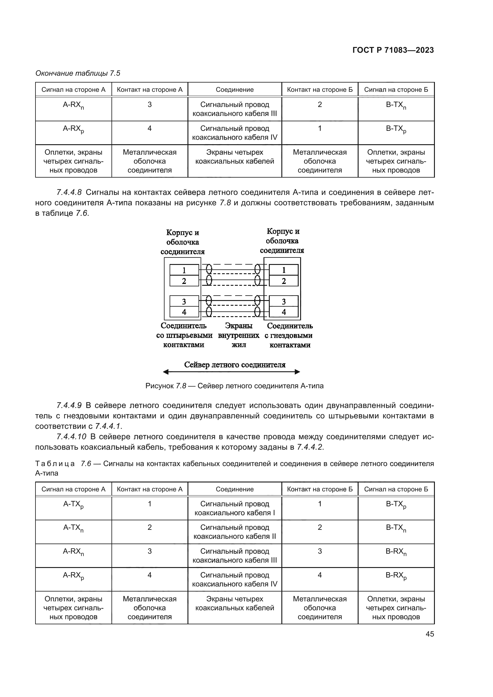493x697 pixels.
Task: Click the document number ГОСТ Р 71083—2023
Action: pyautogui.click(x=393, y=50)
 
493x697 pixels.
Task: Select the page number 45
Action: pyautogui.click(x=430, y=634)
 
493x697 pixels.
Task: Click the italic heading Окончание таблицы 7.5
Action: pyautogui.click(x=78, y=73)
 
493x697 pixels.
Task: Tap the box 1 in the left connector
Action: pyautogui.click(x=184, y=270)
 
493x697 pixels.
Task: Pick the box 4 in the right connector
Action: pyautogui.click(x=283, y=312)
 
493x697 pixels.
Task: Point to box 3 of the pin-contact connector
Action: pyautogui.click(x=184, y=302)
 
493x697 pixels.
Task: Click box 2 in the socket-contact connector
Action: pyautogui.click(x=283, y=281)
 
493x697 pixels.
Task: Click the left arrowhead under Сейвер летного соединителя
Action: pyautogui.click(x=166, y=372)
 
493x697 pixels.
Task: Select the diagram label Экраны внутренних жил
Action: pyautogui.click(x=239, y=335)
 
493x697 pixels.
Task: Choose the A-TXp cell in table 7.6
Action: pyautogui.click(x=73, y=505)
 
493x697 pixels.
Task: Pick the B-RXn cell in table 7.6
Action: pyautogui.click(x=396, y=552)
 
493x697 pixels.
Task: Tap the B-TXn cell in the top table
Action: pyautogui.click(x=396, y=105)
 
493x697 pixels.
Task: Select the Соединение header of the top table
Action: pyautogui.click(x=235, y=90)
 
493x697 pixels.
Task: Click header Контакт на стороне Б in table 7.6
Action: pyautogui.click(x=320, y=489)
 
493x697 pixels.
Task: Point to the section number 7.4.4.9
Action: pyautogui.click(x=69, y=405)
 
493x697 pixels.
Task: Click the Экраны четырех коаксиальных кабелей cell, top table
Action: pyautogui.click(x=235, y=157)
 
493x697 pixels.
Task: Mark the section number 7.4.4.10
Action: pyautogui.click(x=71, y=437)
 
